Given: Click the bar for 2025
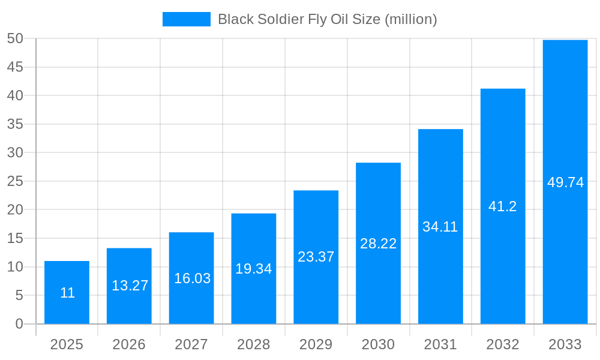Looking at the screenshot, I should click(67, 292).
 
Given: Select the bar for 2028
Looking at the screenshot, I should click(254, 268).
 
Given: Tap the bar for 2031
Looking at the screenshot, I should click(440, 226).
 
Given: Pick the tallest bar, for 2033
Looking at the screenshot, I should click(565, 182).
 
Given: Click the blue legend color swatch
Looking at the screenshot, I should click(187, 19).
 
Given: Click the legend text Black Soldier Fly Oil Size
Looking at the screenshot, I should click(327, 19).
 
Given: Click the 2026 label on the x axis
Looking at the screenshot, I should click(129, 344).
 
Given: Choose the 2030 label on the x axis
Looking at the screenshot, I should click(378, 344).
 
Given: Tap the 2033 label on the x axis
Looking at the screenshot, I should click(565, 344).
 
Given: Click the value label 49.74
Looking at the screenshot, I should click(565, 183).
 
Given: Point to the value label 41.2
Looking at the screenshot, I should click(503, 206).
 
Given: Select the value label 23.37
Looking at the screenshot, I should click(316, 257).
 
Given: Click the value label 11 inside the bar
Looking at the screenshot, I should click(67, 293).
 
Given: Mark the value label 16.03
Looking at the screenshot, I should click(192, 278).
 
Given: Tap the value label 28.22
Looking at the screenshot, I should click(378, 244).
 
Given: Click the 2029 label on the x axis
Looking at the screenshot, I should click(316, 344).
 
